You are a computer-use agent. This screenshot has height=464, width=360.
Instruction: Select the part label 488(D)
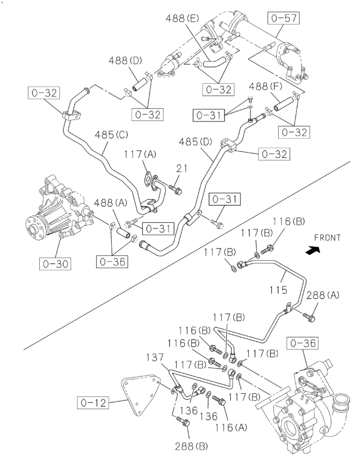tap(125, 61)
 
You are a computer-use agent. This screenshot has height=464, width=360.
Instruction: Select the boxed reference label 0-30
tap(54, 264)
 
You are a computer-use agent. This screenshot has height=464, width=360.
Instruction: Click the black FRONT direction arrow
tap(313, 251)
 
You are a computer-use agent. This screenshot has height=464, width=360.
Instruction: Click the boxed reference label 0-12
tap(93, 403)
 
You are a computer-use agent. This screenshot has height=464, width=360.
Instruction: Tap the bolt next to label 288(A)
tap(309, 316)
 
